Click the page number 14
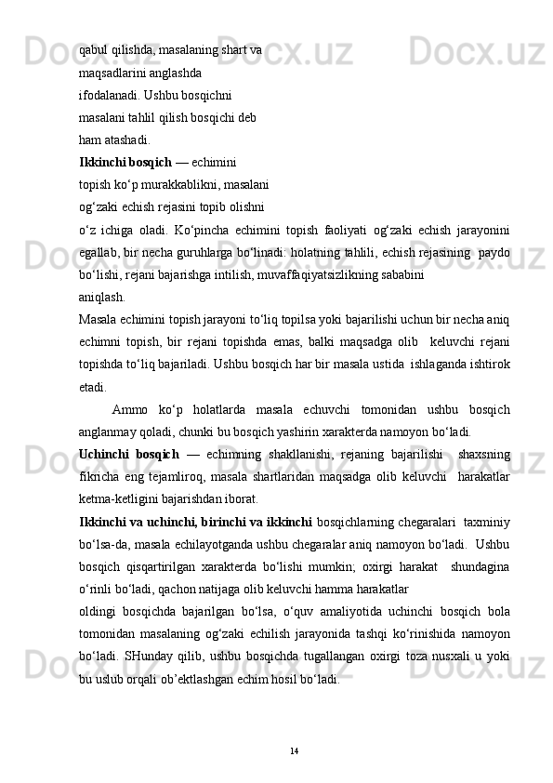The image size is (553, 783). coord(294,750)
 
